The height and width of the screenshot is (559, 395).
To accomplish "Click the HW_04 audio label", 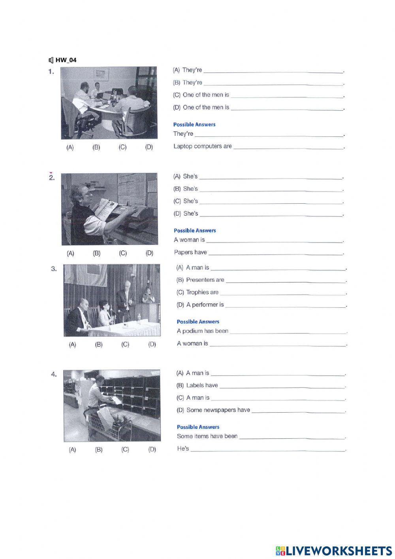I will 66,60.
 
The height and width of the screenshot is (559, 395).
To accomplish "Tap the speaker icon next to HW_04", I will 51,60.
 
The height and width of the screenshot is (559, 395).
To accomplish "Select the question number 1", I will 51,72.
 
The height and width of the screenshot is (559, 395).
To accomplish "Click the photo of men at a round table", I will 109,103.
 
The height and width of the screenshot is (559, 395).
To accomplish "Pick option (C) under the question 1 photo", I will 122,147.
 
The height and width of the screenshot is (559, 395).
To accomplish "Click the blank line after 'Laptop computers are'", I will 288,147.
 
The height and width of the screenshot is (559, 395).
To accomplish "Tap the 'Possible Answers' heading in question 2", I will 195,230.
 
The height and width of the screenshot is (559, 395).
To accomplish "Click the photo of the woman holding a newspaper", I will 109,209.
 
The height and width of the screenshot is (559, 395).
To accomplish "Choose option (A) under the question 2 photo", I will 70,253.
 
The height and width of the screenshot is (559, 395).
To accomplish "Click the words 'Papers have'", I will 190,252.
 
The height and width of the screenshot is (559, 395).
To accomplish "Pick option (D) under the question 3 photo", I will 152,345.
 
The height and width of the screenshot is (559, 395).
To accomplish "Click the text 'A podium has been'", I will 203,331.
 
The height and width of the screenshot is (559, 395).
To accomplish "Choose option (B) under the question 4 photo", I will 99,449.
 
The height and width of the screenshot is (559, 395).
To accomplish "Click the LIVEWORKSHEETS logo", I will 334,551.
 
